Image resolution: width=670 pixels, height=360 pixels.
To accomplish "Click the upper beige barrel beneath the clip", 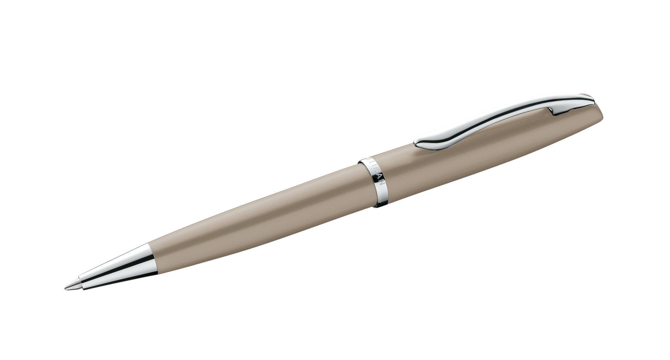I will [474, 144].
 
